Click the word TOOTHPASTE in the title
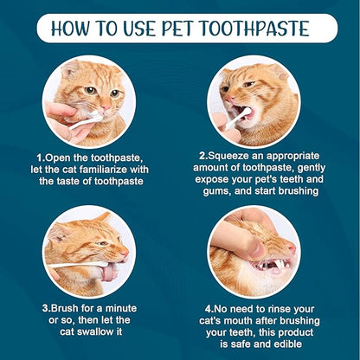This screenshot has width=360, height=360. [254, 29]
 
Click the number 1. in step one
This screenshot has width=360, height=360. [41, 157]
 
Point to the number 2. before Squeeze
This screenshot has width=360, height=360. [203, 156]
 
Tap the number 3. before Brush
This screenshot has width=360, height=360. [47, 308]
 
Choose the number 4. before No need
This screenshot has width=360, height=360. [209, 309]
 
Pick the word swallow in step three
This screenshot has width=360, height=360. [95, 331]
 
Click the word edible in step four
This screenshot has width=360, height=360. [287, 344]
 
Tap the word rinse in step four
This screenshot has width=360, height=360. [279, 309]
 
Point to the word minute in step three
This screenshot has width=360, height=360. [120, 308]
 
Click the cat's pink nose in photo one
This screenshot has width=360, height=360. [105, 107]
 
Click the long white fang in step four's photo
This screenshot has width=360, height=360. [280, 264]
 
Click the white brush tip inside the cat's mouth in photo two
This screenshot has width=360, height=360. [247, 111]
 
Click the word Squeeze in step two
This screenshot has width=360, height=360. [228, 156]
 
